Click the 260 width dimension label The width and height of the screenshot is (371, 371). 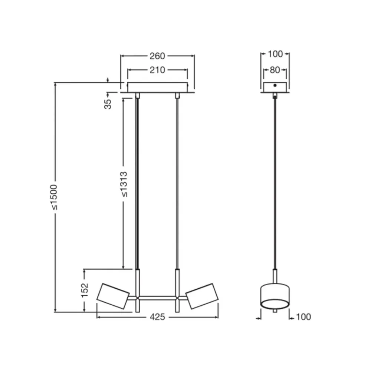coord(157,56)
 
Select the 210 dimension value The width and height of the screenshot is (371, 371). coord(157,70)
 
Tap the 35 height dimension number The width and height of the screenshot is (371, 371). coord(108,104)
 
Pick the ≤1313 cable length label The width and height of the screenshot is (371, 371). coord(124,184)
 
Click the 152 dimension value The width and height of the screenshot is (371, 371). coord(85,290)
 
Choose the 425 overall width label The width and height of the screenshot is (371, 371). coord(157,317)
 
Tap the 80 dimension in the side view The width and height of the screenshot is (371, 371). coord(275,70)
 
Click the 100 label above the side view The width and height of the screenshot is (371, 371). coord(275,54)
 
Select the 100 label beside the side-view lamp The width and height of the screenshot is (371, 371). coord(303,317)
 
